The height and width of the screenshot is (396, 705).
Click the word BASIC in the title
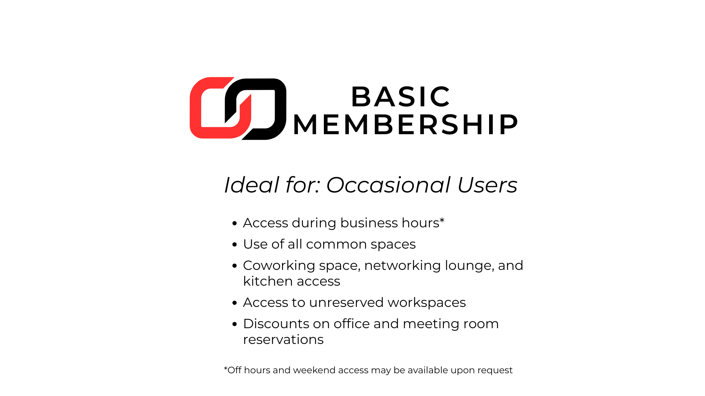click(x=401, y=97)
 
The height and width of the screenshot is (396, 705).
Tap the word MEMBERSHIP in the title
click(x=405, y=125)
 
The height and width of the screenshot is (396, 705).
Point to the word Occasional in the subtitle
click(x=388, y=185)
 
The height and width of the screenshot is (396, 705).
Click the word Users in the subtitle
click(x=487, y=185)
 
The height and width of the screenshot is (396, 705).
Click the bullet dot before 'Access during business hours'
click(x=235, y=223)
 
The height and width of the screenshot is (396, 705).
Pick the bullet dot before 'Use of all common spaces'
click(x=235, y=245)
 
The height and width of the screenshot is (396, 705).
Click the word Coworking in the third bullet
click(x=279, y=265)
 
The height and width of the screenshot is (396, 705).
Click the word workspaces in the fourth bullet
click(x=427, y=303)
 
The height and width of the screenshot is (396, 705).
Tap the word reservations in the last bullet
click(x=283, y=340)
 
